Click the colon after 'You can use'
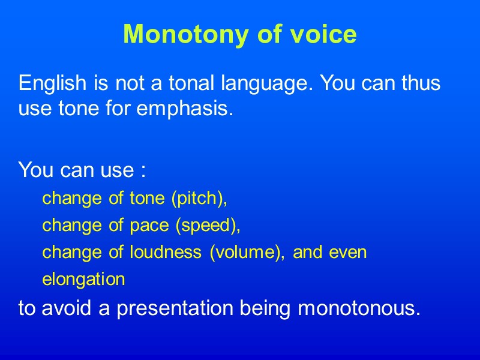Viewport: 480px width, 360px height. [x=142, y=171]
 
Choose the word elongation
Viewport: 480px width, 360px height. [x=83, y=280]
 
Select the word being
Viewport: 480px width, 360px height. [x=266, y=309]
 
